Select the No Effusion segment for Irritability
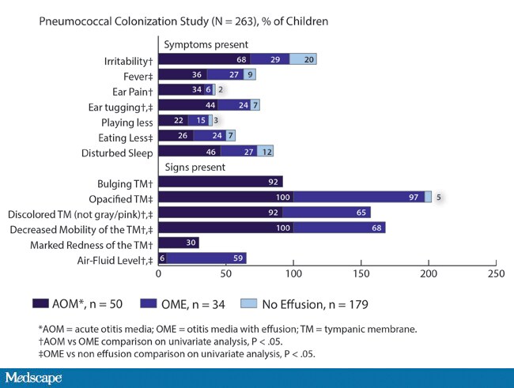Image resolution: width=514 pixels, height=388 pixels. point(303,59)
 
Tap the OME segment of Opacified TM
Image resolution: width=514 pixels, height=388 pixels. point(359,197)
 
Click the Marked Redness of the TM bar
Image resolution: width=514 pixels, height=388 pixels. point(179,243)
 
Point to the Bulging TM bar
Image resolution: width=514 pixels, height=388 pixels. point(221,181)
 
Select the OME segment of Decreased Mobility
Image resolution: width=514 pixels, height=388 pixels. point(339,228)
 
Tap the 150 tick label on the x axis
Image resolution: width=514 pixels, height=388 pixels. point(361,273)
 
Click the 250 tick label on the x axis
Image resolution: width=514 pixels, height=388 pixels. point(496,273)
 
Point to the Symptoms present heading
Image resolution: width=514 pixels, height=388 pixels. point(206,44)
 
